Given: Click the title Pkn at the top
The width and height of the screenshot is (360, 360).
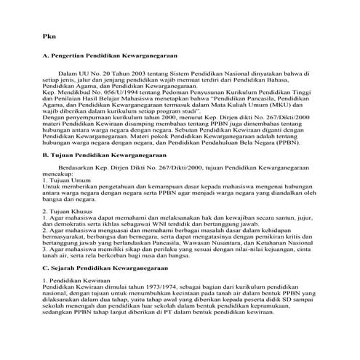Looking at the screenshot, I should (47, 36).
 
